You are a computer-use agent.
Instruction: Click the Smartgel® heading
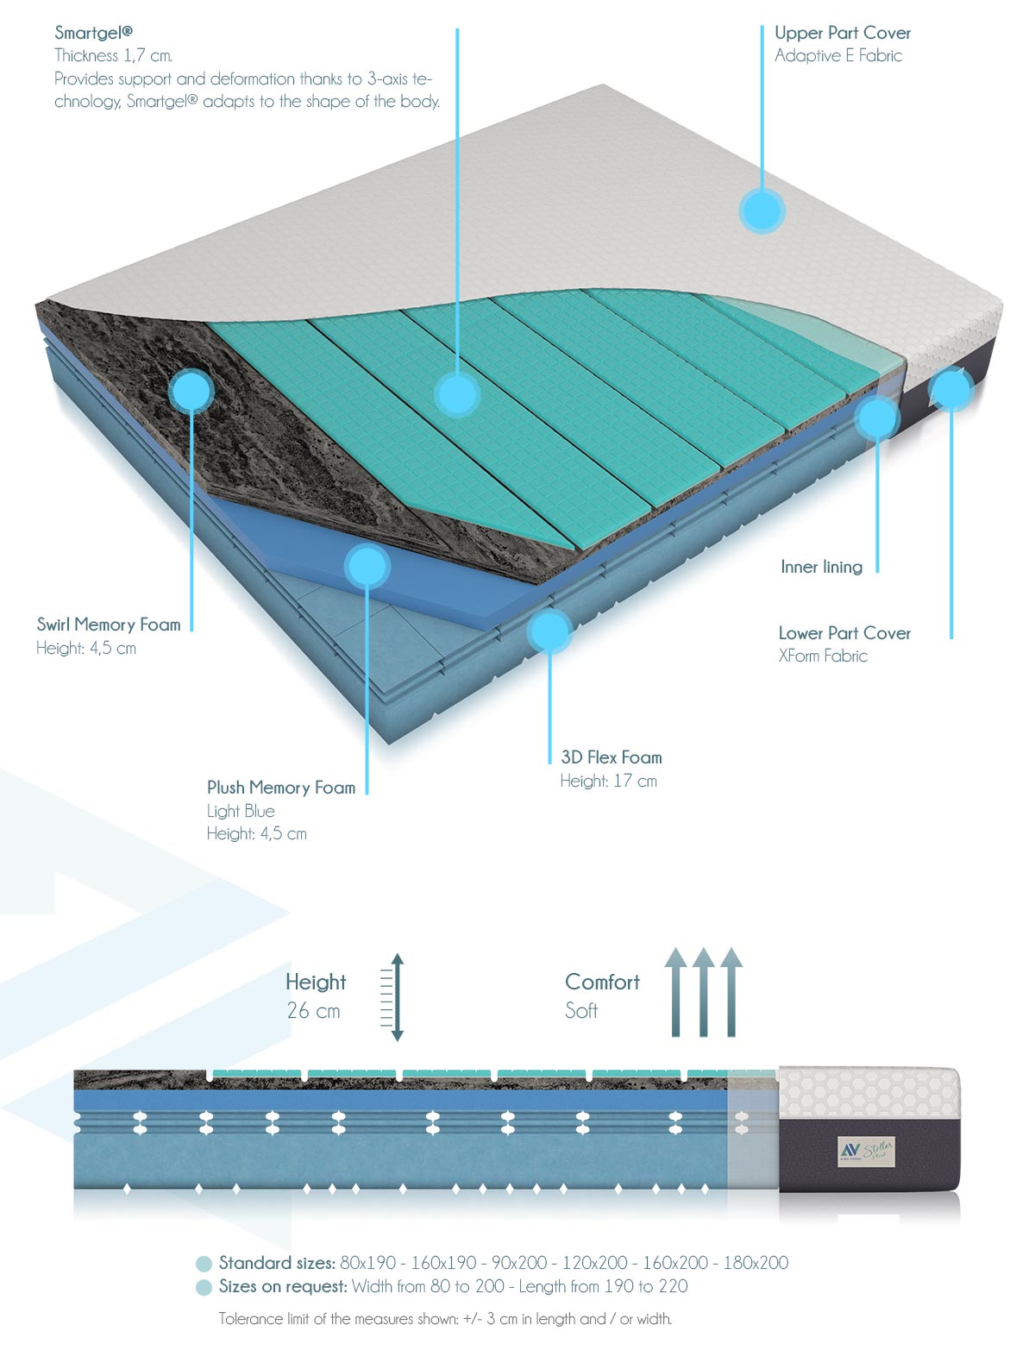pyautogui.click(x=93, y=32)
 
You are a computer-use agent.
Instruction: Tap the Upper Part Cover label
pyautogui.click(x=843, y=33)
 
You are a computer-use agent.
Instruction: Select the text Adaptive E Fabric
pyautogui.click(x=838, y=56)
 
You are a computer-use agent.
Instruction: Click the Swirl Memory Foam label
pyautogui.click(x=109, y=625)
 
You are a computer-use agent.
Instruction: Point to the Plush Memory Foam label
pyautogui.click(x=281, y=788)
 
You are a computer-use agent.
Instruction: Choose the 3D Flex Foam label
pyautogui.click(x=612, y=757)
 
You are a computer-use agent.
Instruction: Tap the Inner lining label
pyautogui.click(x=821, y=567)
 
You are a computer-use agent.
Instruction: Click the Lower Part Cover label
pyautogui.click(x=844, y=633)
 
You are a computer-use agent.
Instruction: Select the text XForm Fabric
pyautogui.click(x=823, y=656)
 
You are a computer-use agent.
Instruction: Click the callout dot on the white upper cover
pyautogui.click(x=762, y=210)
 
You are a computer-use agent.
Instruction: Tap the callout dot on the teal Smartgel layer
pyautogui.click(x=457, y=394)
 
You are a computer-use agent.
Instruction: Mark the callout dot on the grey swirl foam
pyautogui.click(x=191, y=390)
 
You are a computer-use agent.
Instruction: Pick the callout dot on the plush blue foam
pyautogui.click(x=367, y=566)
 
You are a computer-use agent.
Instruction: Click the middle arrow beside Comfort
pyautogui.click(x=704, y=992)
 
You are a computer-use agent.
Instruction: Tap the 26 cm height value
pyautogui.click(x=314, y=1011)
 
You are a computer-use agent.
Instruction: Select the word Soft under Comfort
pyautogui.click(x=581, y=1011)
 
